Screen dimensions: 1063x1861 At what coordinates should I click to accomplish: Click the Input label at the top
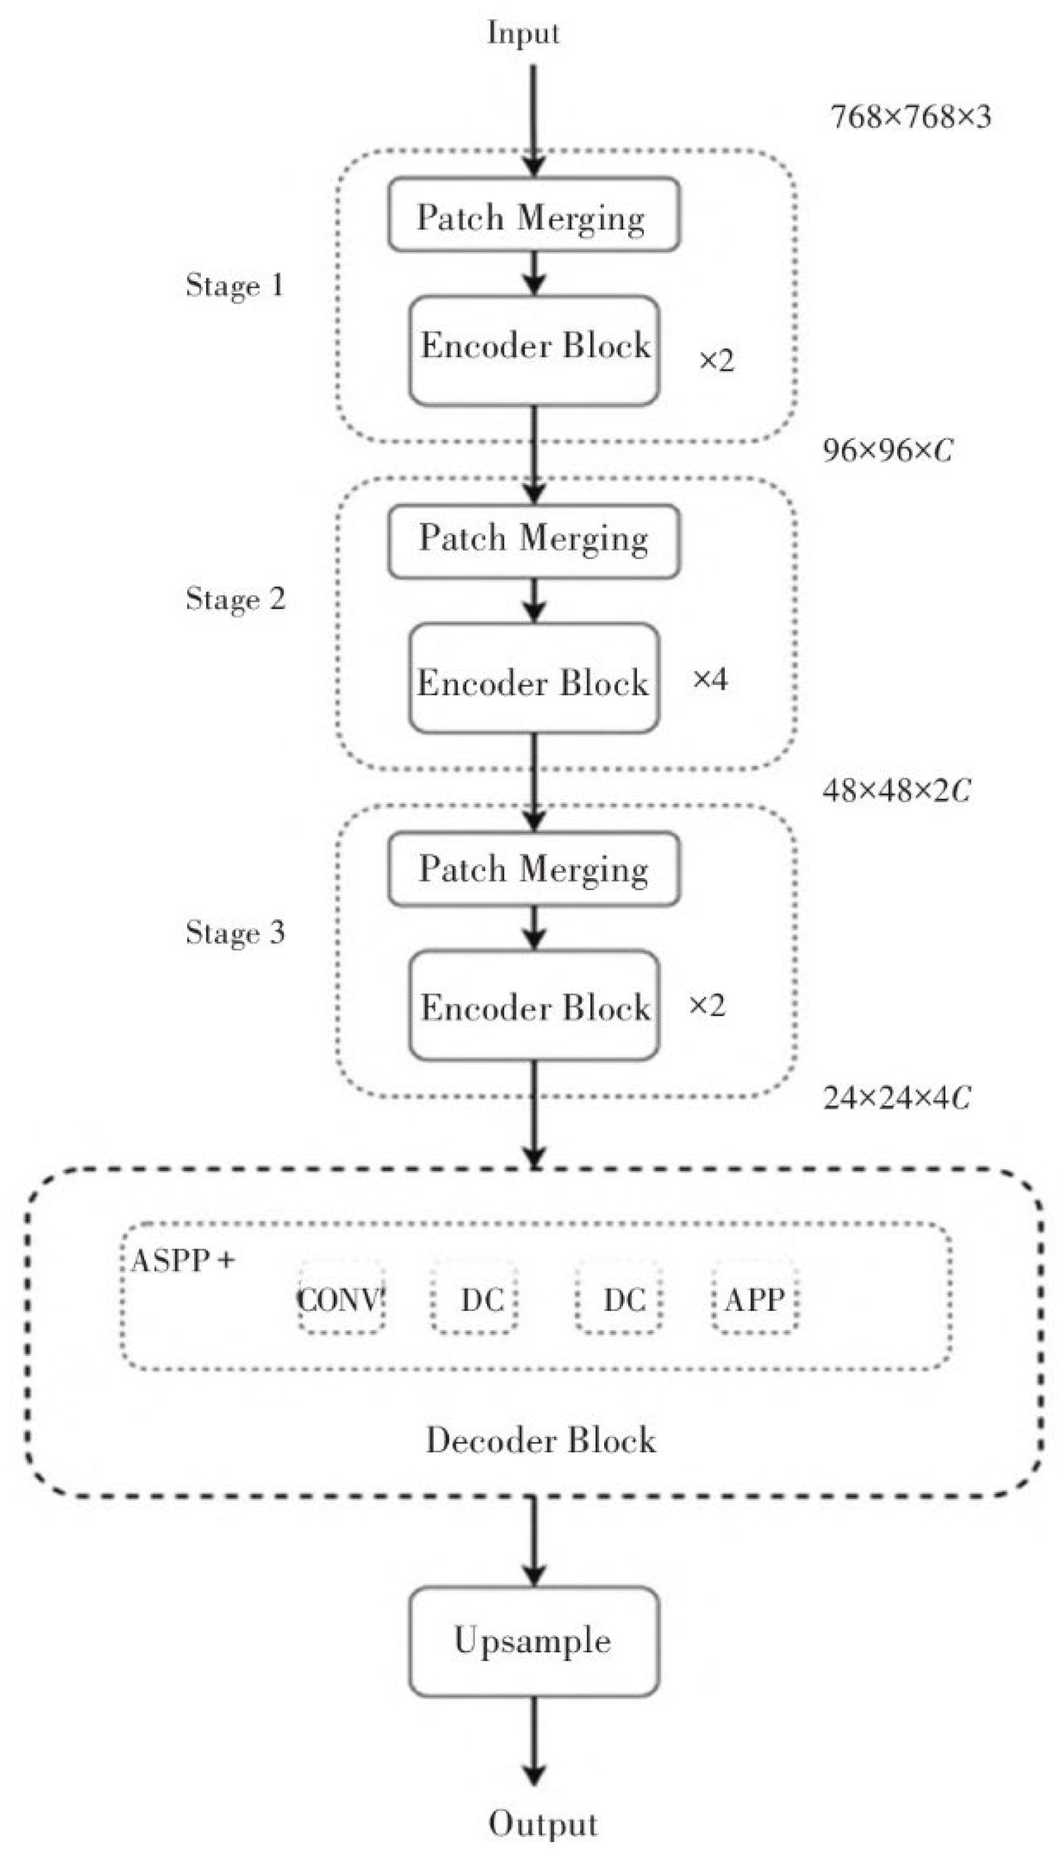[x=523, y=33]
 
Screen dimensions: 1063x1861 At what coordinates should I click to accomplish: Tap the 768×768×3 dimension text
[x=911, y=117]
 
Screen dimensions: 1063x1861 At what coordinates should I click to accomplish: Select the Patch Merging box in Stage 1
[x=533, y=215]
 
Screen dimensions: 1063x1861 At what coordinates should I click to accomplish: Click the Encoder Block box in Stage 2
[x=533, y=678]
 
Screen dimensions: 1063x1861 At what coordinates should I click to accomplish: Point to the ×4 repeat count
[x=710, y=679]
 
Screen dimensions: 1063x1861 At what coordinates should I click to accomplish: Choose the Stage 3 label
[x=235, y=932]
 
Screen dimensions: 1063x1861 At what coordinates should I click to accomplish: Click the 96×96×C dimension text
[x=888, y=449]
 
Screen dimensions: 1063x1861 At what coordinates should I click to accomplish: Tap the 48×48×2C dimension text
[x=897, y=790]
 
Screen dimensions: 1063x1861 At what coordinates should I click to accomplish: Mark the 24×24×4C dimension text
[x=897, y=1097]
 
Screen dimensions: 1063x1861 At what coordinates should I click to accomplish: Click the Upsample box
[x=533, y=1640]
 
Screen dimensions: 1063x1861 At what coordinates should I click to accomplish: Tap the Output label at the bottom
[x=543, y=1823]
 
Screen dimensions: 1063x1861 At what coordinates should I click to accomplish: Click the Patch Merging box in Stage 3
[x=533, y=869]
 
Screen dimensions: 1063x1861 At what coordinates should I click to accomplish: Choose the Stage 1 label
[x=234, y=284]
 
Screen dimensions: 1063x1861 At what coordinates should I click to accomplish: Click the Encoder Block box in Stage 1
[x=533, y=350]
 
